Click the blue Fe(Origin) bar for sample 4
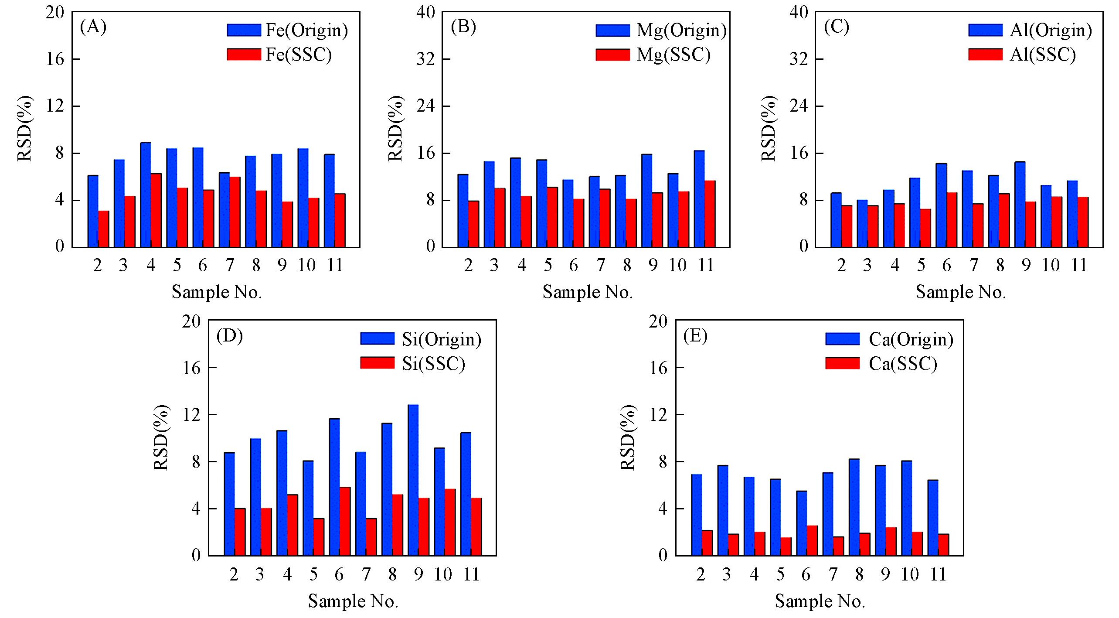[145, 195]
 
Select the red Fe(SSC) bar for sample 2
[104, 229]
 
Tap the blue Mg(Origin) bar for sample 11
[699, 199]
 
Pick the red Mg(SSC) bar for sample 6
[578, 223]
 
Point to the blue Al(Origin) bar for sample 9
[1020, 205]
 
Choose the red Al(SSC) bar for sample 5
[925, 228]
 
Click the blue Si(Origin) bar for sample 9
[413, 480]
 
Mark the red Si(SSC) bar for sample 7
[371, 536]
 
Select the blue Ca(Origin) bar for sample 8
[854, 507]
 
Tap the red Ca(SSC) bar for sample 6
[812, 540]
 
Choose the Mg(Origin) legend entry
[661, 30]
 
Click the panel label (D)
[229, 336]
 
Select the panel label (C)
[837, 27]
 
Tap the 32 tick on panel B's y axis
[425, 59]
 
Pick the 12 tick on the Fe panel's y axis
[55, 106]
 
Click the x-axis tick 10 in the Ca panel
[910, 574]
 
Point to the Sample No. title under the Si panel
[353, 601]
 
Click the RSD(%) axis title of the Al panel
[769, 129]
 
